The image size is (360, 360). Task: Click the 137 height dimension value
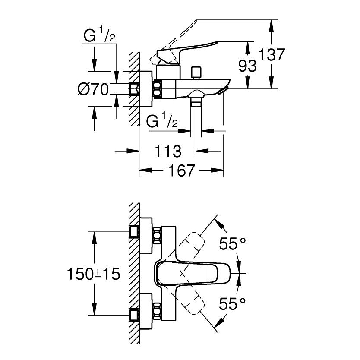tap(272, 55)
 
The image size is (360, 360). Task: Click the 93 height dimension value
tap(248, 66)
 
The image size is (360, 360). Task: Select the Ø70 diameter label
tap(92, 90)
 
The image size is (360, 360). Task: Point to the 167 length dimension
tap(180, 171)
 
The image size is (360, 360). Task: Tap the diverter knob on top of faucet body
tap(198, 72)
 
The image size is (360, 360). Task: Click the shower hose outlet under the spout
tap(196, 102)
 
